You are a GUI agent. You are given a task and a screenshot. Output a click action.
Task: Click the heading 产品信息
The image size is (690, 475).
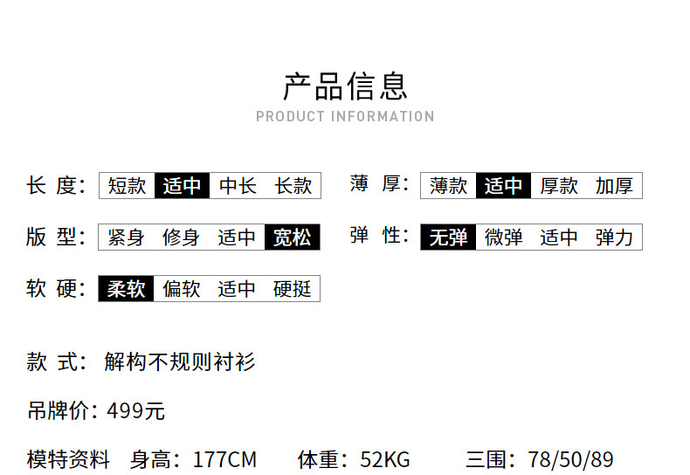pyautogui.click(x=346, y=86)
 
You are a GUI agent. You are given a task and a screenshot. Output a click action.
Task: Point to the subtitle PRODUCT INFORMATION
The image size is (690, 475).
pyautogui.click(x=346, y=116)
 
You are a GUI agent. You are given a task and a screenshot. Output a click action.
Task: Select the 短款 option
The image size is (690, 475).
pyautogui.click(x=127, y=186)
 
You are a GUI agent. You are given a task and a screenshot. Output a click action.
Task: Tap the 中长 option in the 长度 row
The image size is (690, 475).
pyautogui.click(x=238, y=186)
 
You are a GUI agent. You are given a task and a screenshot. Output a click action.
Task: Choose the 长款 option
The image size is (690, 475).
pyautogui.click(x=293, y=186)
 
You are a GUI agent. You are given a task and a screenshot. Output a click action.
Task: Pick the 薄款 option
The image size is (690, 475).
pyautogui.click(x=448, y=186)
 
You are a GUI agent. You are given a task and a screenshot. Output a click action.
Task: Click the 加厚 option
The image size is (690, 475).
pyautogui.click(x=614, y=186)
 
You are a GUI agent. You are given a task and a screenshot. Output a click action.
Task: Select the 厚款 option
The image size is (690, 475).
pyautogui.click(x=559, y=186)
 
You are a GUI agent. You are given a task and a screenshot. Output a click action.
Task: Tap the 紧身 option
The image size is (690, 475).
pyautogui.click(x=126, y=237)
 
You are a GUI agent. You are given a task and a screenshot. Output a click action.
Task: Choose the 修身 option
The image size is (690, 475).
pyautogui.click(x=181, y=237)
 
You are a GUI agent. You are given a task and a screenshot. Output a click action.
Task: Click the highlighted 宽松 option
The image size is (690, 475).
pyautogui.click(x=293, y=237)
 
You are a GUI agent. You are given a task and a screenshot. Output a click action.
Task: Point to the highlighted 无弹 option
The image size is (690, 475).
pyautogui.click(x=448, y=237)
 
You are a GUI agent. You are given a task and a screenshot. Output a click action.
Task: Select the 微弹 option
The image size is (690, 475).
pyautogui.click(x=503, y=237)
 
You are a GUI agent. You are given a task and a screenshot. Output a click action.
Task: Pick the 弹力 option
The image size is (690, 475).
pyautogui.click(x=614, y=237)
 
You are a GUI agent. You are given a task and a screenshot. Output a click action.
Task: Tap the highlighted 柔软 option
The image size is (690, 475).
pyautogui.click(x=126, y=289)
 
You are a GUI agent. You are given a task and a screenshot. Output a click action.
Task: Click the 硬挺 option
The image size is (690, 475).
pyautogui.click(x=293, y=289)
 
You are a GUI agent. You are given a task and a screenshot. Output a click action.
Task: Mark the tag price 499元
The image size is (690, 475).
pyautogui.click(x=136, y=411)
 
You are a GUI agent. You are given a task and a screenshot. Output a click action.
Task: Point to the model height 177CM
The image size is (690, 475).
pyautogui.click(x=224, y=459)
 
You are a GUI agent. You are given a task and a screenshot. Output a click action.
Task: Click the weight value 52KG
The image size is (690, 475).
pyautogui.click(x=385, y=459)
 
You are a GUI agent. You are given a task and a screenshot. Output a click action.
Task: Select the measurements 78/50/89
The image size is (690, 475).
pyautogui.click(x=570, y=459)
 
